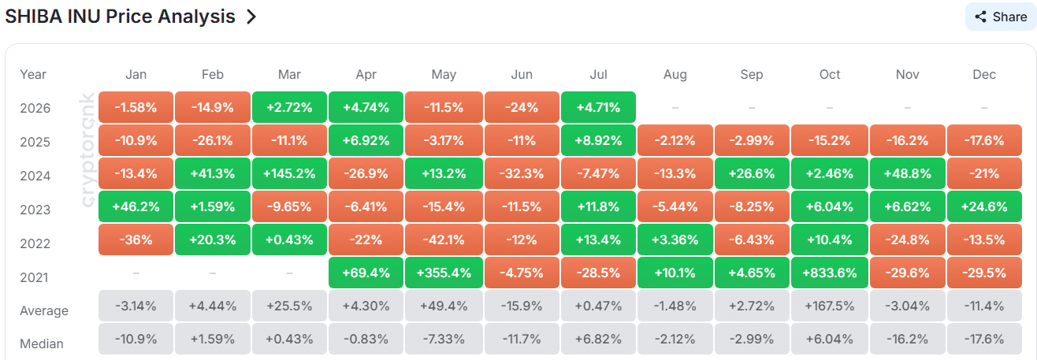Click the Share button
pyautogui.click(x=1000, y=17)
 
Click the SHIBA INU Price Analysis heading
pyautogui.click(x=120, y=17)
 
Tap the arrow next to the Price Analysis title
pyautogui.click(x=251, y=17)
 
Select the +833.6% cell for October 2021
pyautogui.click(x=829, y=273)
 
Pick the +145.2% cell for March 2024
pyautogui.click(x=289, y=173)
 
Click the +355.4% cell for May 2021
pyautogui.click(x=444, y=273)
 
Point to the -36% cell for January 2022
pyautogui.click(x=136, y=239)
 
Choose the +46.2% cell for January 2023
pyautogui.click(x=136, y=206)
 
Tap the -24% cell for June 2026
pyautogui.click(x=522, y=107)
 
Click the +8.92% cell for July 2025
pyautogui.click(x=598, y=140)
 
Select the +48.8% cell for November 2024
pyautogui.click(x=907, y=173)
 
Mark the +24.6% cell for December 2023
pyautogui.click(x=984, y=206)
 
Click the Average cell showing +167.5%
pyautogui.click(x=829, y=306)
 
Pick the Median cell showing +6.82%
pyautogui.click(x=598, y=340)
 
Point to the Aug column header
pyautogui.click(x=675, y=75)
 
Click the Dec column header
pyautogui.click(x=984, y=75)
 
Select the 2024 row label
pyautogui.click(x=35, y=176)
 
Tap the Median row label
pyautogui.click(x=42, y=343)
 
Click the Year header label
pyautogui.click(x=33, y=75)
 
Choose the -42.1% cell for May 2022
pyautogui.click(x=444, y=239)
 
